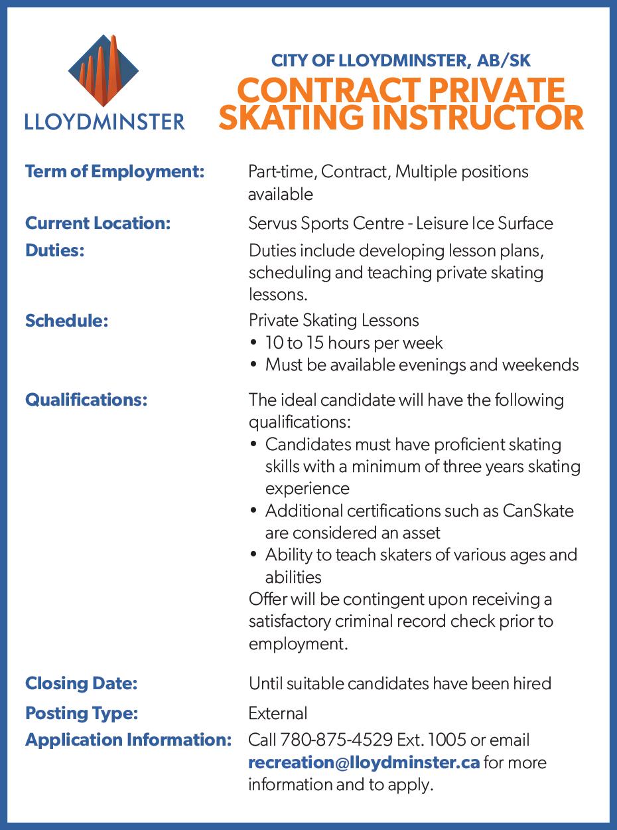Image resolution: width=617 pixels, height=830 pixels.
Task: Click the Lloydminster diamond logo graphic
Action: (103, 72)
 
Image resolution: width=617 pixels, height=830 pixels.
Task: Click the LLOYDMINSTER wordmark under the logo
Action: (104, 122)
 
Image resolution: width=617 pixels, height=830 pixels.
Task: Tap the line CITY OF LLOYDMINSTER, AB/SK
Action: (401, 61)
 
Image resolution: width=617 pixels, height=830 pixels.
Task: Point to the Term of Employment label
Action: (114, 171)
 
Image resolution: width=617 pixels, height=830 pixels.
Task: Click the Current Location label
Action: (98, 223)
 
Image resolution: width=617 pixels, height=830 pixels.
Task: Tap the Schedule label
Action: (66, 321)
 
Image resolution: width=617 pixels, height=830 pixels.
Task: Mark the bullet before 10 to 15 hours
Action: (254, 343)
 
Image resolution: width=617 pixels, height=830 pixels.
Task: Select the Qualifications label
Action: (86, 400)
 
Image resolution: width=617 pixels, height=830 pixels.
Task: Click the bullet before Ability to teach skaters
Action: (254, 555)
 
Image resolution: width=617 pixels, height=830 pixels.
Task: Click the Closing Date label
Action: (81, 683)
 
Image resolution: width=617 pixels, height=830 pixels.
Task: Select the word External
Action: (277, 713)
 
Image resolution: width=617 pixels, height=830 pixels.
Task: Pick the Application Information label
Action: (128, 740)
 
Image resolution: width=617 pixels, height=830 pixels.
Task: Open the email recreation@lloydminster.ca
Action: (364, 762)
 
